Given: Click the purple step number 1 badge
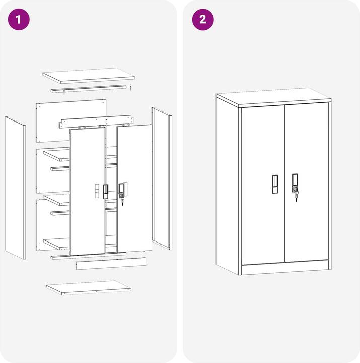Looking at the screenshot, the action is click(x=19, y=20).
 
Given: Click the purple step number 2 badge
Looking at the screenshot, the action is click(x=203, y=20).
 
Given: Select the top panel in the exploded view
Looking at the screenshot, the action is click(x=89, y=76).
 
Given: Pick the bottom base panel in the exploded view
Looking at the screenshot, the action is click(x=89, y=288).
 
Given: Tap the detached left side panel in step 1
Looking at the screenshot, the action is click(x=16, y=188).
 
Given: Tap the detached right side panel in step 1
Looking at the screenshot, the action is click(x=162, y=178).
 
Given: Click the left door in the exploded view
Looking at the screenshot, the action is click(x=88, y=192).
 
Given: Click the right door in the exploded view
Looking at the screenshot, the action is click(x=134, y=188).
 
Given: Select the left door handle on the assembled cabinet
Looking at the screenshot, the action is click(x=275, y=184).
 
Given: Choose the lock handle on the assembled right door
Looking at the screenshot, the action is click(x=295, y=183).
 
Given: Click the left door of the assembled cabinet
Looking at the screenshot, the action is click(x=263, y=185).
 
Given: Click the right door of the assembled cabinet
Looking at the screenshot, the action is click(x=307, y=183).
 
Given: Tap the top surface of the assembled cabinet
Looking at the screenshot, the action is click(x=273, y=96).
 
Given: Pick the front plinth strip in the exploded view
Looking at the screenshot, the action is click(x=111, y=264).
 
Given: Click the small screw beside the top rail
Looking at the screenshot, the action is click(x=130, y=88).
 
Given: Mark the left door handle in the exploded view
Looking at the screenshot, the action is click(x=105, y=192).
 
